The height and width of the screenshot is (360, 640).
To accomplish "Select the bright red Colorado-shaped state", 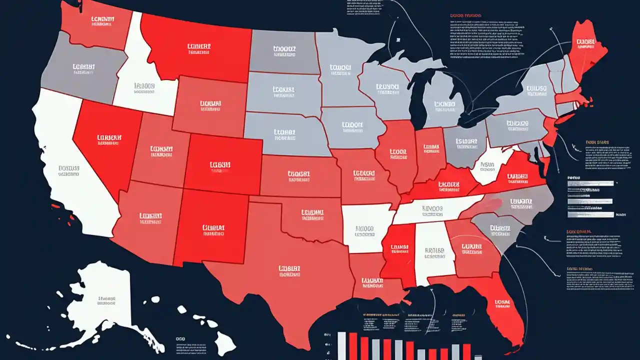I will click(x=222, y=165).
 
